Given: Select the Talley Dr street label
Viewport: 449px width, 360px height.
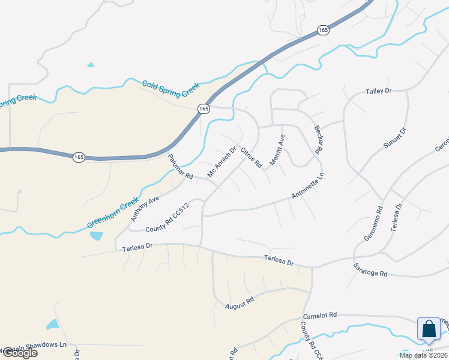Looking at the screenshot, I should tap(378, 91).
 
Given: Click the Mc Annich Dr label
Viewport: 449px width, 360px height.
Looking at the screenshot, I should tap(222, 162).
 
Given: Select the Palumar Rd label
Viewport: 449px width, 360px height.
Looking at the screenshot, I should tap(180, 168).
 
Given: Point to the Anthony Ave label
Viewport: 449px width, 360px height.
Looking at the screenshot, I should tap(145, 208).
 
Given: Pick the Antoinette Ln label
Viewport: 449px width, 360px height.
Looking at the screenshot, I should tap(308, 187).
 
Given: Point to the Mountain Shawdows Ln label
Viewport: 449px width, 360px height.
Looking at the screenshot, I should tap(33, 346).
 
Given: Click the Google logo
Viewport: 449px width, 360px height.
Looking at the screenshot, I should tap(19, 353).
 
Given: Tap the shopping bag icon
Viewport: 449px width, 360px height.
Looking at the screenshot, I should tap(429, 329).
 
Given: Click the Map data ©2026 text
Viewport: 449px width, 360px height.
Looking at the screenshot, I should tap(423, 355).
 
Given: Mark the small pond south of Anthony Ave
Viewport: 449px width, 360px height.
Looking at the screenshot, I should tap(96, 235).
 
